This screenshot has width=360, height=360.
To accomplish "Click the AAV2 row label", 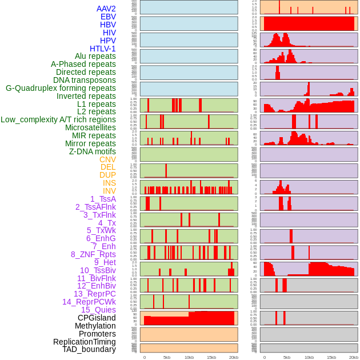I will click(106, 9).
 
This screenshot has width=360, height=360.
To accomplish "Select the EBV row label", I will click(108, 17).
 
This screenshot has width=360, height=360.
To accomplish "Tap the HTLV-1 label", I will click(102, 49).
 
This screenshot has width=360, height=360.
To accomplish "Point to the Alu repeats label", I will click(95, 56).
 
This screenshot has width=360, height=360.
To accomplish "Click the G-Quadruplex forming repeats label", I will click(61, 88).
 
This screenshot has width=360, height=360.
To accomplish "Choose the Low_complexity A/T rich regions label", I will click(58, 119).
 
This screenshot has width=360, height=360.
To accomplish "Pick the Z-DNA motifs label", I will click(92, 151).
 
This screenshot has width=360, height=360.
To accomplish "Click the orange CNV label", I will click(107, 159).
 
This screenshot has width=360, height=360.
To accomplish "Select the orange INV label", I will click(109, 191).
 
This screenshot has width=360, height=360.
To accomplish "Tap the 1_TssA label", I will click(103, 199).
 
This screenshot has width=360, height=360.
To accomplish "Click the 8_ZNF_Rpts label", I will click(93, 254).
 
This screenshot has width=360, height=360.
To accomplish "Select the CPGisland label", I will click(97, 318).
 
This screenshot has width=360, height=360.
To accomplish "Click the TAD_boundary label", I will click(89, 349).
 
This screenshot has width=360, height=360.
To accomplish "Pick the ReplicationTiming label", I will click(85, 342).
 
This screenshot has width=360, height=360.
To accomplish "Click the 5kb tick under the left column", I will click(167, 357).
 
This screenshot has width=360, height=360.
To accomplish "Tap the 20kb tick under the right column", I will click(354, 357).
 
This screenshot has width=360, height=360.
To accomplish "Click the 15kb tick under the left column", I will click(211, 357).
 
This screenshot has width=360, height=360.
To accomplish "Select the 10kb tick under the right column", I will click(309, 357).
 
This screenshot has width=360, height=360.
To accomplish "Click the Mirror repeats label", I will click(90, 143).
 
